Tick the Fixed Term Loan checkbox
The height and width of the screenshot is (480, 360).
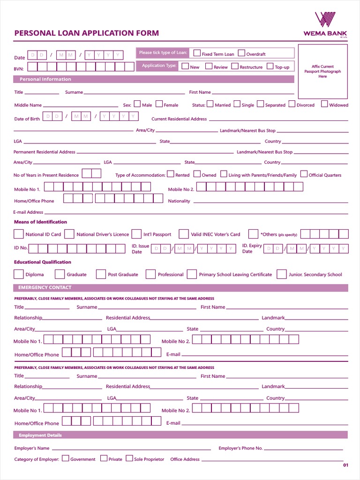pos(197,53)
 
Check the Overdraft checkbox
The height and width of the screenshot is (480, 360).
pos(242,53)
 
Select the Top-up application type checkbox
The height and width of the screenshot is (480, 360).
pos(270,66)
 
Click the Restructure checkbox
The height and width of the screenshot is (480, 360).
pos(235,66)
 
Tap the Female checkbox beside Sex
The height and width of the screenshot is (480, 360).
pos(159,104)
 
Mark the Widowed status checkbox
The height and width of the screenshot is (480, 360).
pos(324,104)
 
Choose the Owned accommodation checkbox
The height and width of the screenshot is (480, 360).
pos(197,174)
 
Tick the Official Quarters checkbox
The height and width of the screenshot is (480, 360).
pos(304,174)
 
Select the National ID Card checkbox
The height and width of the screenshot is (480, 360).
pos(19,234)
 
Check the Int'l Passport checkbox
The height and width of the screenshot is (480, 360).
pos(136,234)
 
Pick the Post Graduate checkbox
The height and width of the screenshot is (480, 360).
pos(101,274)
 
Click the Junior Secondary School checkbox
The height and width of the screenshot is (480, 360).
pos(282,274)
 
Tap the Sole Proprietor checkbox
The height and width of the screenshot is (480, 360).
pos(129,458)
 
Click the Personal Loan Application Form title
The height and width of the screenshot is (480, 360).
pos(87,33)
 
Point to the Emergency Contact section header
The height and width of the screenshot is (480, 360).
pos(45,287)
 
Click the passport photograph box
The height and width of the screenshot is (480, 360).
pos(322,71)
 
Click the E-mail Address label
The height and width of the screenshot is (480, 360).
pos(28,212)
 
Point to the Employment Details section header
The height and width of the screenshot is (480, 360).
pos(40,435)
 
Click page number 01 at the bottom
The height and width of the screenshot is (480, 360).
pos(346,465)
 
